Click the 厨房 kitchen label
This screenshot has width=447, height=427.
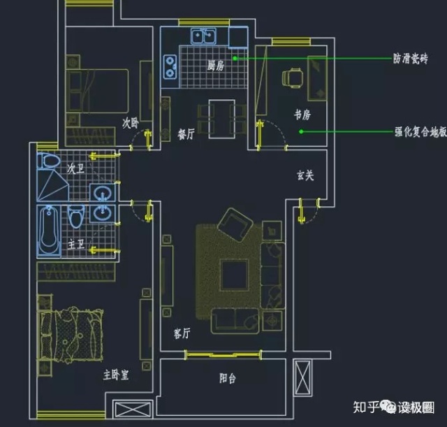pos(215,66)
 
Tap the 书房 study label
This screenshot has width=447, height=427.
pos(302,114)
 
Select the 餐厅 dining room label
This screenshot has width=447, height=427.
pos(185,135)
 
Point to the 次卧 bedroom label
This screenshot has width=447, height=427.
pos(131,123)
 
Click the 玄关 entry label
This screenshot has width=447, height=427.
pos(305,175)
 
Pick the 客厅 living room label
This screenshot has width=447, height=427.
pos(182,333)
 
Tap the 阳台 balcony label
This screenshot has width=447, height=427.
pos(227,378)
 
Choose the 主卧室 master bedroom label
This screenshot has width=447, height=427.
pos(115,375)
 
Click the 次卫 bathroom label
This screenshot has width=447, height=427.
pos(75,168)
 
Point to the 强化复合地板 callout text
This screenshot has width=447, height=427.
pos(420,131)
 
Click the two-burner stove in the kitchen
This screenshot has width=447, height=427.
pos(170,66)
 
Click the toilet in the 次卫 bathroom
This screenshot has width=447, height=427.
pos(49,161)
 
